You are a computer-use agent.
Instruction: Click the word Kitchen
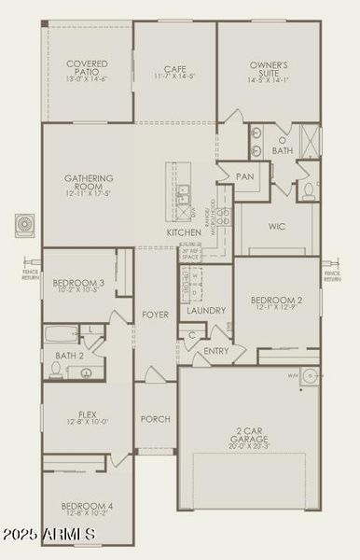[184, 231]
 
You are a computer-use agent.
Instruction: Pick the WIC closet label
[276, 226]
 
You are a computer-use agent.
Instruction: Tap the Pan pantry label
[245, 175]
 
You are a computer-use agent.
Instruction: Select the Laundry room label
[205, 311]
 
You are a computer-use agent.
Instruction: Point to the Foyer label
[156, 315]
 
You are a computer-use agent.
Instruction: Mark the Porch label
[155, 419]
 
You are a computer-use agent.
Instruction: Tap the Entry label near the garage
[216, 351]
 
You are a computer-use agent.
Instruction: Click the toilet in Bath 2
[57, 371]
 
